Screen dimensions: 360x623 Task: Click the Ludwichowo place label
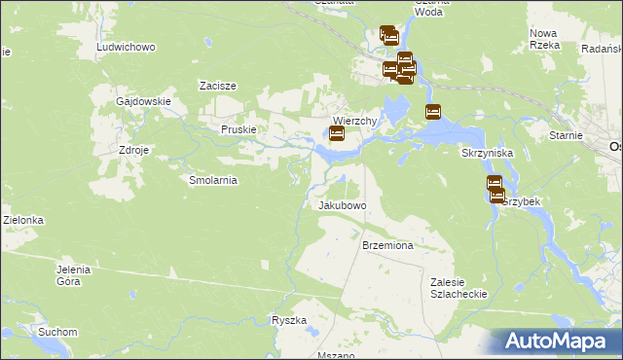(x=128, y=47)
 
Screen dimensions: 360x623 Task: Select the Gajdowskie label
(x=143, y=101)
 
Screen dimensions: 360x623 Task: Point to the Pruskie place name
(x=238, y=129)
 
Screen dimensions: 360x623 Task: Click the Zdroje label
(x=133, y=151)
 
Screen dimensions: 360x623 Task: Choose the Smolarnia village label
(x=212, y=180)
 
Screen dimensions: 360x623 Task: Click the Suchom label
(x=57, y=332)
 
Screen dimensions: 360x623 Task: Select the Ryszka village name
(x=289, y=320)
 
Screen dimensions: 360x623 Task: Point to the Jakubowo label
(x=342, y=206)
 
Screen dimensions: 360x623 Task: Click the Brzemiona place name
(x=388, y=246)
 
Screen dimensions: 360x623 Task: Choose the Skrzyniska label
(x=486, y=154)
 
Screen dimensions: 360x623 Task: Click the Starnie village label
(x=566, y=137)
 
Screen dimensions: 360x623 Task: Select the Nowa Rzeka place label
(x=543, y=39)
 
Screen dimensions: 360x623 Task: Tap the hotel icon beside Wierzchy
(x=337, y=134)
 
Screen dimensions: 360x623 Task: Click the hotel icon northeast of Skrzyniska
(x=433, y=113)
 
